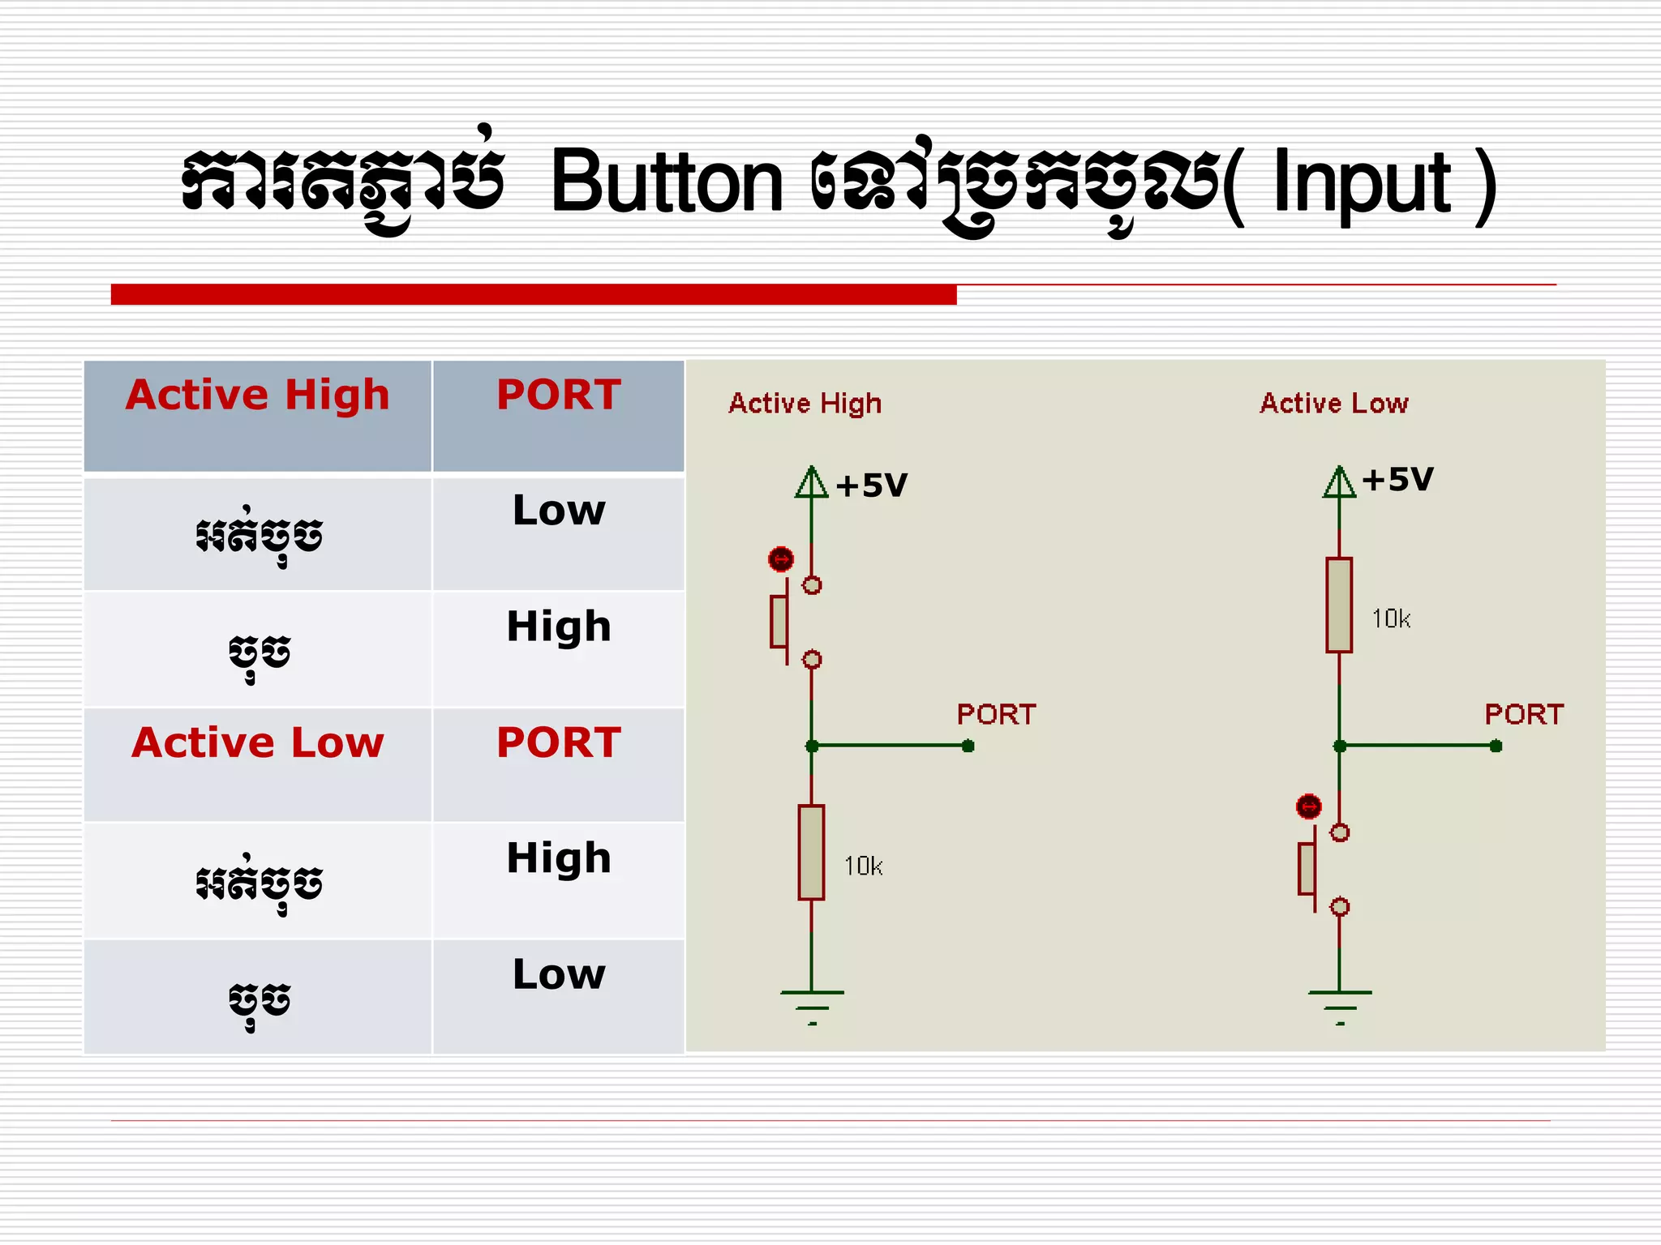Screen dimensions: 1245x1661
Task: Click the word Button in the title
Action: [x=667, y=183]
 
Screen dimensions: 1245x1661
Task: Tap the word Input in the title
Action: [x=1362, y=185]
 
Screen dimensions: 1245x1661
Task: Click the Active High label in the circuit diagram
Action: [x=805, y=404]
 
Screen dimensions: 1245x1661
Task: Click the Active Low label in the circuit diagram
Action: [x=1334, y=404]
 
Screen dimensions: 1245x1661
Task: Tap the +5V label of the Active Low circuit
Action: [x=1397, y=480]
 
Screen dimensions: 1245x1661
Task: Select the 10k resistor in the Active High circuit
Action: [x=811, y=852]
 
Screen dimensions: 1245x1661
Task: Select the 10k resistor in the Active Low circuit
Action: [x=1339, y=605]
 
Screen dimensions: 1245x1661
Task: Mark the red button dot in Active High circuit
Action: [x=781, y=559]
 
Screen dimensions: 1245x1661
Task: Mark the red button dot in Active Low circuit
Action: [x=1309, y=806]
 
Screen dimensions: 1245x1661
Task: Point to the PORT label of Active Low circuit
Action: [x=1524, y=715]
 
